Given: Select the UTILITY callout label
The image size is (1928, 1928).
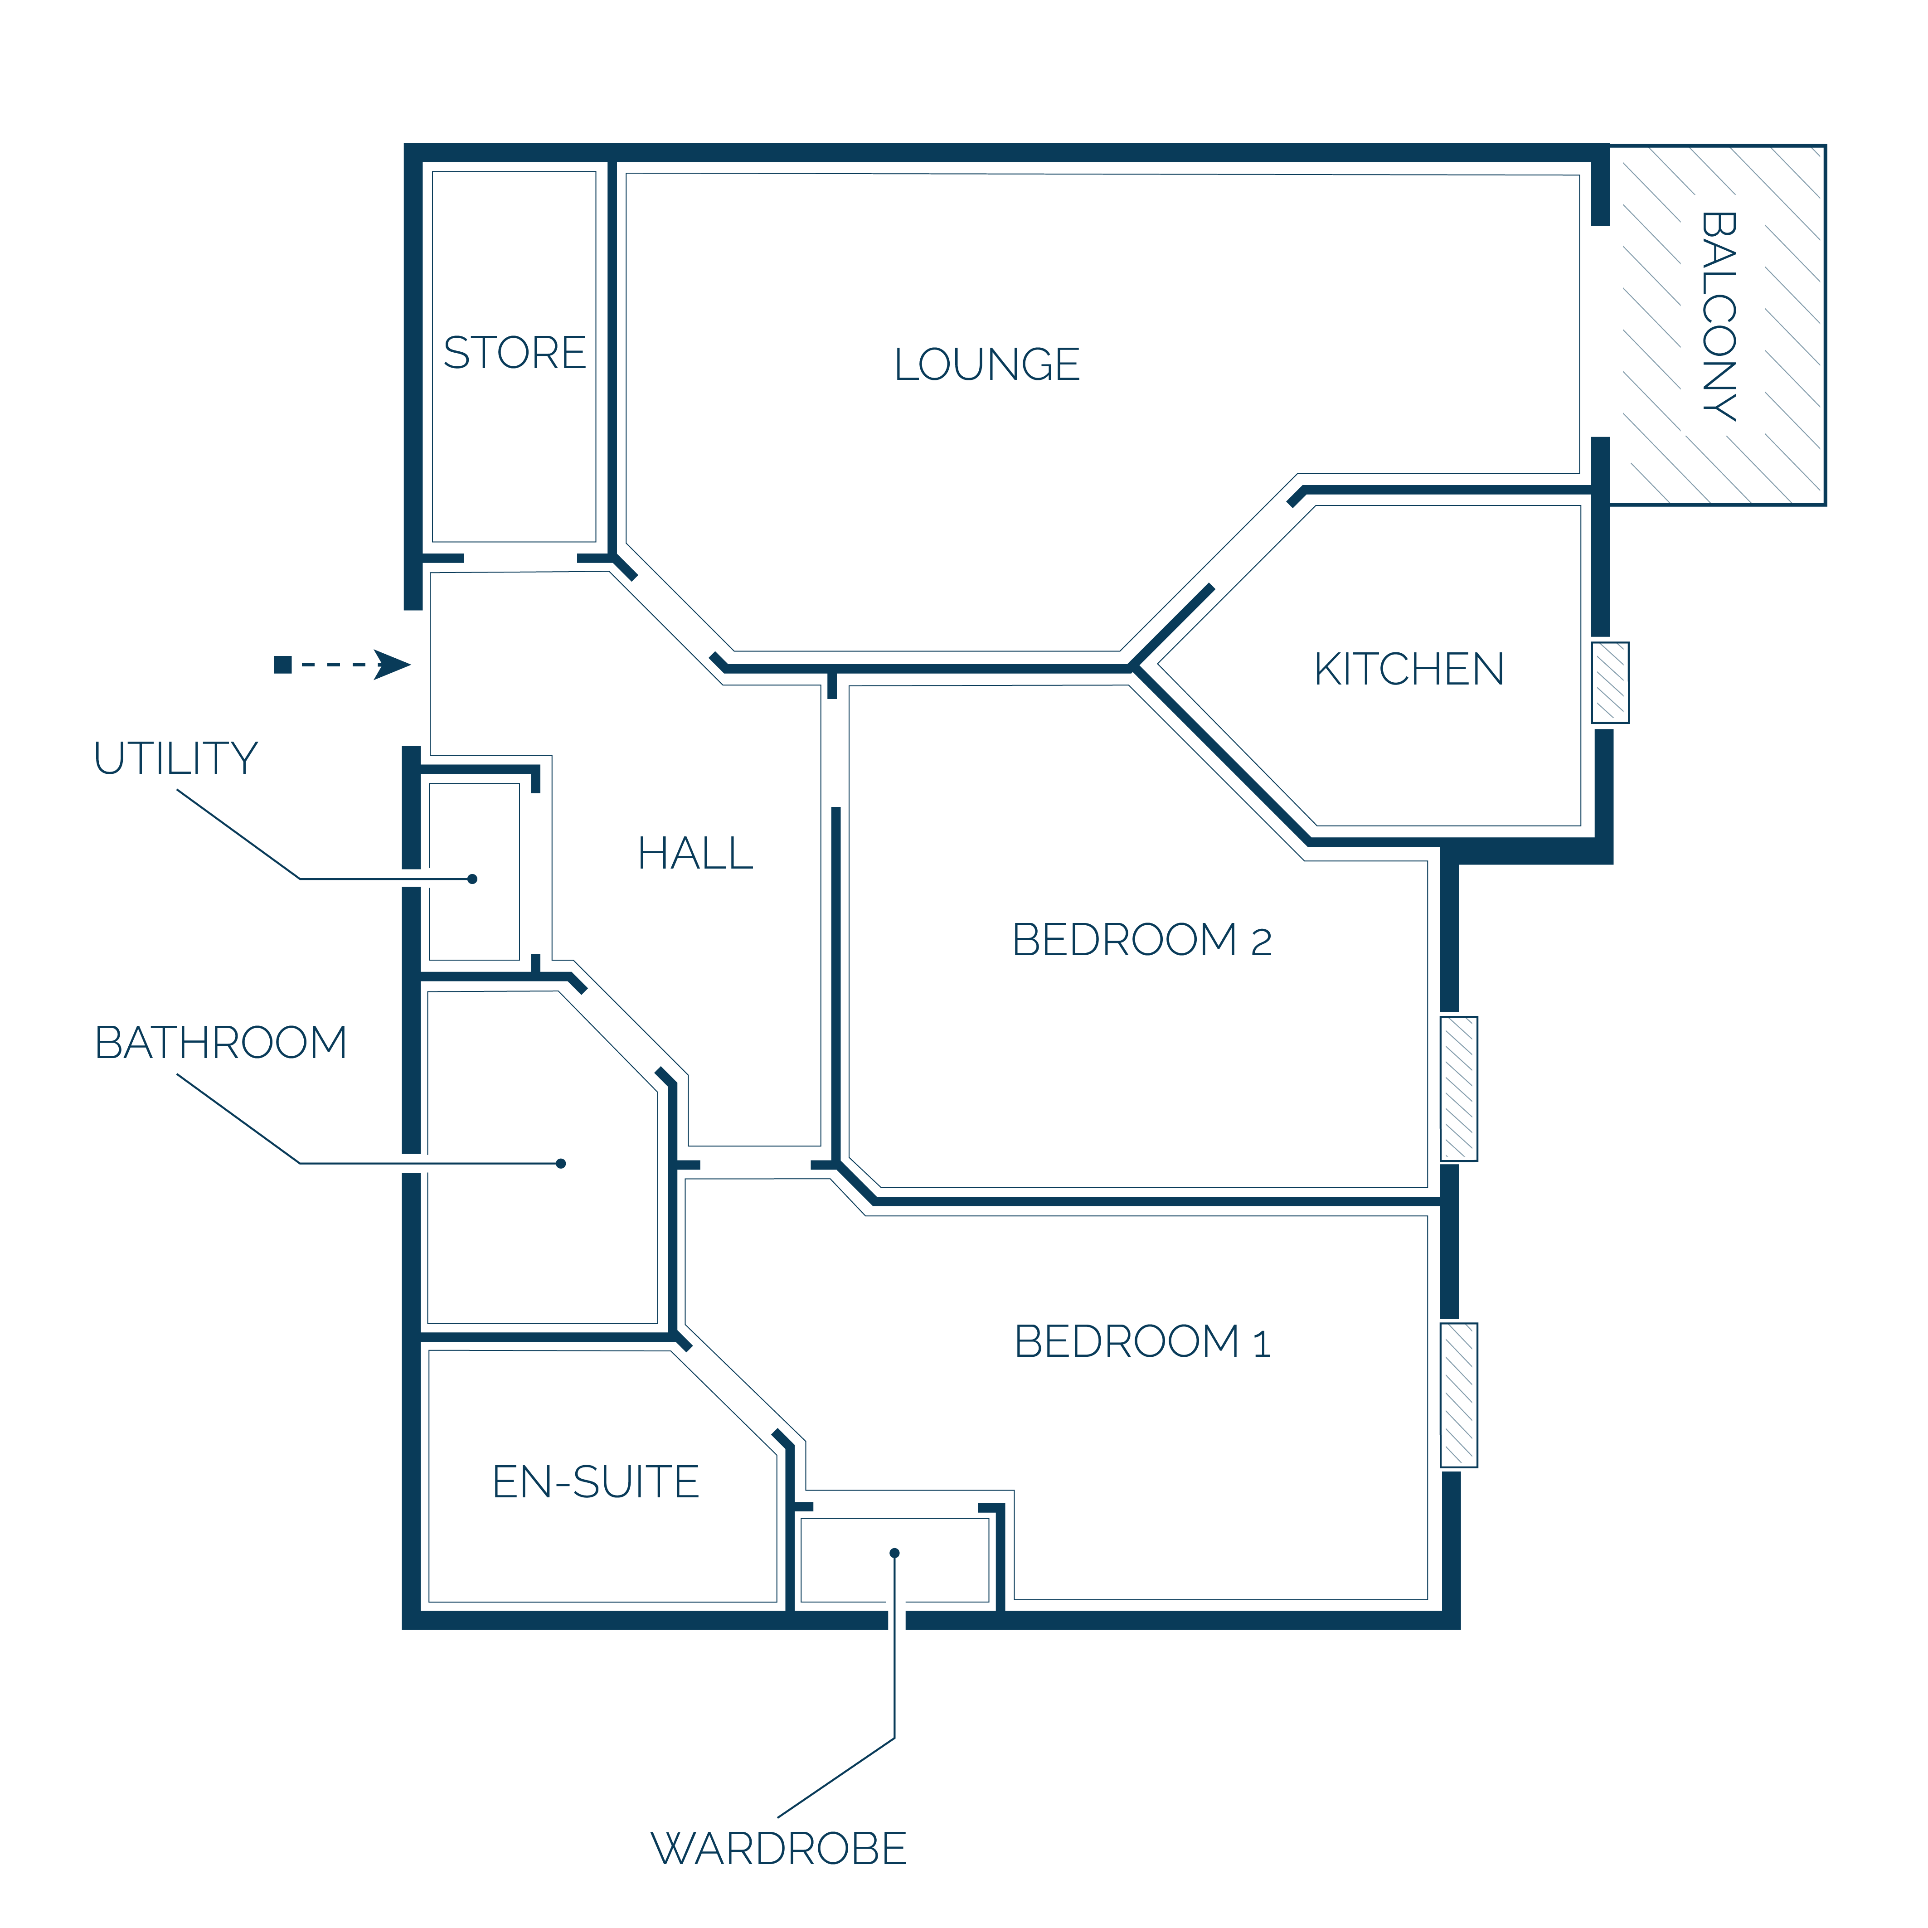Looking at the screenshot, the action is tap(175, 758).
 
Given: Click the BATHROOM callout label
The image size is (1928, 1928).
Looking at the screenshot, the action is tap(220, 1043).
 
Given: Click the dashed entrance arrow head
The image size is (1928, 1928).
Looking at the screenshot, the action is tap(392, 665).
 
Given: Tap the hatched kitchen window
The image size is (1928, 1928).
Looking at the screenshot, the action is tap(1610, 683).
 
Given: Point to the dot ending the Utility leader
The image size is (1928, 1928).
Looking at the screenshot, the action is tap(472, 879).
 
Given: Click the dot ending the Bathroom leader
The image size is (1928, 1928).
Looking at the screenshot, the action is tap(561, 1164).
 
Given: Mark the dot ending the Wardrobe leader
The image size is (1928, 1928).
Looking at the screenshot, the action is tap(894, 1553).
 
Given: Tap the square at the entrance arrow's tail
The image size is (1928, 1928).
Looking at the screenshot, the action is tap(282, 665).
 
